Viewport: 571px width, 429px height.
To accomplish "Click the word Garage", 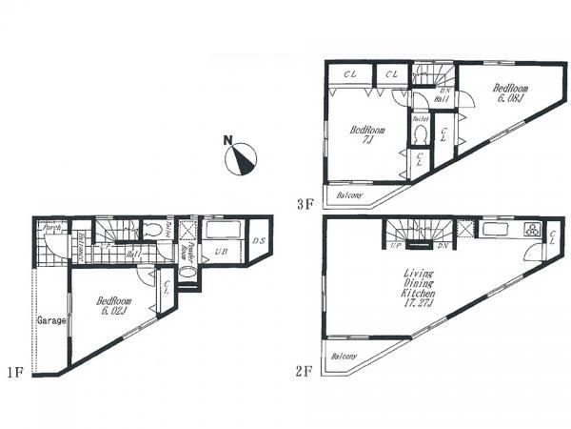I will click(51, 321).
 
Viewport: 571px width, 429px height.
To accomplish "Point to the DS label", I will click(259, 240).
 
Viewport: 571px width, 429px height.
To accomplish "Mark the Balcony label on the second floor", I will click(343, 357).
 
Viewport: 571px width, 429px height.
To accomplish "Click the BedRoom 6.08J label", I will click(510, 93).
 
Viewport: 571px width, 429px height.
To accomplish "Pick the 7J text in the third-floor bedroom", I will click(365, 141).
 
